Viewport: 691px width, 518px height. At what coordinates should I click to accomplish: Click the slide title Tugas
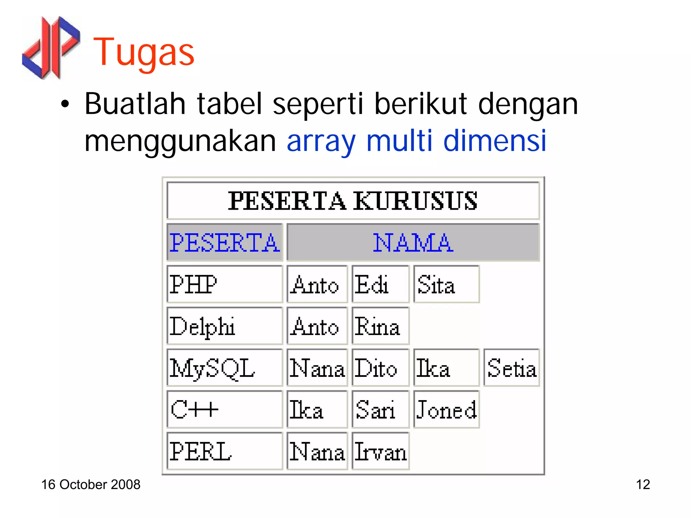(x=144, y=52)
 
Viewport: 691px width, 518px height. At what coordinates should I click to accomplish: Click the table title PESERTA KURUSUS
(x=353, y=201)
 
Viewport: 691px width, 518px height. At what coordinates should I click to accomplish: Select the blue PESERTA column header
(x=224, y=242)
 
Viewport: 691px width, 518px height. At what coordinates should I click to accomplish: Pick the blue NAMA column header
(x=413, y=242)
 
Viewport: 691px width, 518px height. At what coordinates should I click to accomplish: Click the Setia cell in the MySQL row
(x=512, y=368)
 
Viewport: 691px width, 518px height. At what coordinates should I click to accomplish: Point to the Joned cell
(x=446, y=409)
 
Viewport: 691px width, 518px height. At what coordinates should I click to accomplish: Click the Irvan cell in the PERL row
(x=380, y=451)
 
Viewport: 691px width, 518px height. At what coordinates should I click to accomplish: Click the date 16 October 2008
(x=90, y=485)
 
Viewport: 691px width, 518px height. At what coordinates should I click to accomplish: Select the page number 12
(x=643, y=485)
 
